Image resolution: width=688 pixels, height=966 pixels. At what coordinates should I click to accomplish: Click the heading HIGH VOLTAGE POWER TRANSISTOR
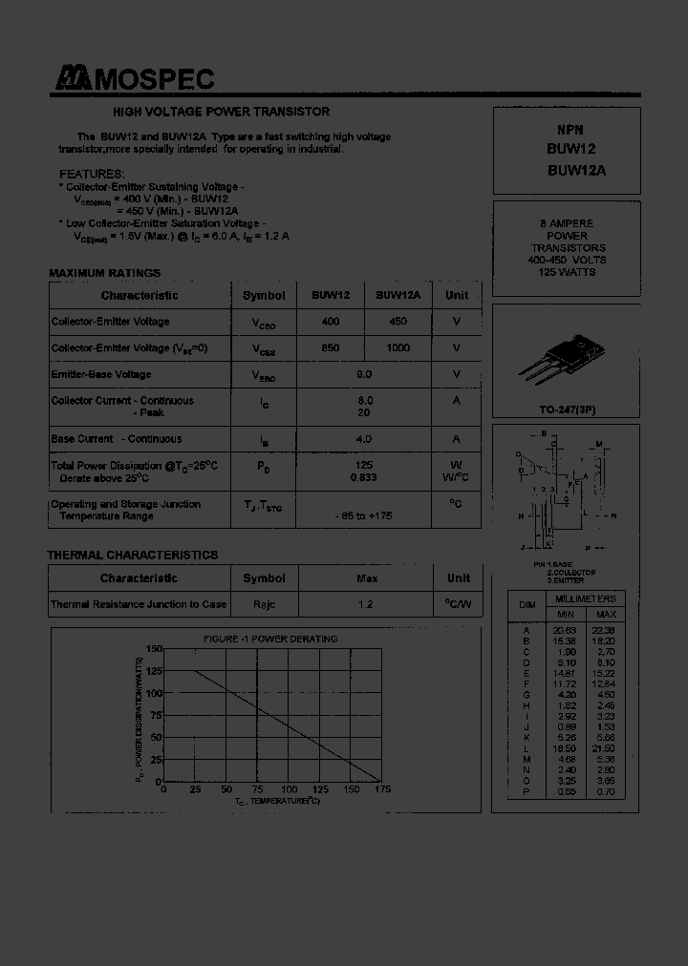point(222,112)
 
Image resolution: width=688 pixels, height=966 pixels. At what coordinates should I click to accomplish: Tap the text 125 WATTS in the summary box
point(568,272)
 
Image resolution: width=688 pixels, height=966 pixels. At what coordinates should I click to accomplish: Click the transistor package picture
point(566,358)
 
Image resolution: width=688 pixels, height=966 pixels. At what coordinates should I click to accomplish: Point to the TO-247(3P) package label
point(568,409)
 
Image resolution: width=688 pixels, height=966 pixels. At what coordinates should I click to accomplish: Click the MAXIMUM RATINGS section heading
point(105,273)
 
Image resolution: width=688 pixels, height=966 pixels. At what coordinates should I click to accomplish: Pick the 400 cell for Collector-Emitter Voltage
point(331,322)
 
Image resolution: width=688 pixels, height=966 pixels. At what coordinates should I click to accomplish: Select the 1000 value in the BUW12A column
point(398,348)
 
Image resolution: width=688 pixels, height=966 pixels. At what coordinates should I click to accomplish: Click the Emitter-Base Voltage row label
point(101,375)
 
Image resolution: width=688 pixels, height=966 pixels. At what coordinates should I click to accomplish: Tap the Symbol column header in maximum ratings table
point(264,296)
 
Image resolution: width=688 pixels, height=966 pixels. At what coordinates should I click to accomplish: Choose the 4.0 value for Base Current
point(363,439)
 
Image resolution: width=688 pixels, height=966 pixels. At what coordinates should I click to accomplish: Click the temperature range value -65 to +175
point(363,516)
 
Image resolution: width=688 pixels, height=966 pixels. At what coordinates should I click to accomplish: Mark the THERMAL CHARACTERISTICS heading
point(133,555)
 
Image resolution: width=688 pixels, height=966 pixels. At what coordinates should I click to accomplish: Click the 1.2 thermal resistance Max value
point(365,604)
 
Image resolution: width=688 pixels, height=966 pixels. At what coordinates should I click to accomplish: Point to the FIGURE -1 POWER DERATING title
point(270,639)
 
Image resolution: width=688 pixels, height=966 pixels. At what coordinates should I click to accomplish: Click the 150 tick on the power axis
point(155,649)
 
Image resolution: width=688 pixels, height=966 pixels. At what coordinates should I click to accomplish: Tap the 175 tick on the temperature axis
point(383,790)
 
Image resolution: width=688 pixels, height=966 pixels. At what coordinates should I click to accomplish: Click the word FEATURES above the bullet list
point(92,174)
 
